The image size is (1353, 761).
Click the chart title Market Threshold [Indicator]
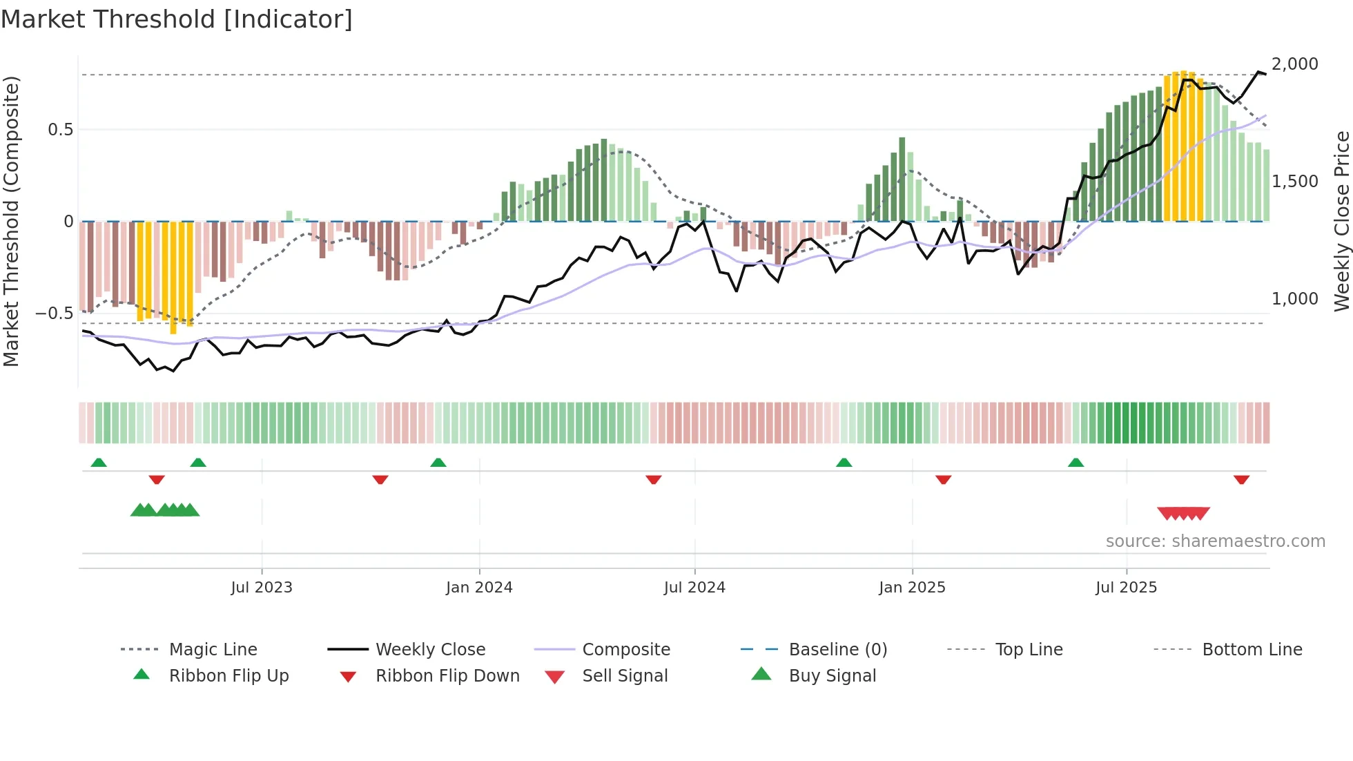pyautogui.click(x=177, y=19)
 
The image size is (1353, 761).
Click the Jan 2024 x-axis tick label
pyautogui.click(x=479, y=588)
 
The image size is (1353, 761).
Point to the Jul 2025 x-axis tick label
pyautogui.click(x=1126, y=588)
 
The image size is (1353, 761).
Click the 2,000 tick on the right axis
pyautogui.click(x=1294, y=64)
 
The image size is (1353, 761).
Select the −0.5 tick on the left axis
pyautogui.click(x=55, y=314)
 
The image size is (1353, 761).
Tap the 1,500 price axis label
pyautogui.click(x=1294, y=182)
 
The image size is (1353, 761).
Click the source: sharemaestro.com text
pyautogui.click(x=1215, y=541)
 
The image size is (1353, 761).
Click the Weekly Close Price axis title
pyautogui.click(x=1341, y=221)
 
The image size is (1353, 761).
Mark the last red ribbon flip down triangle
pyautogui.click(x=1241, y=479)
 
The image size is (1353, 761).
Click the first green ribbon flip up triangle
pyautogui.click(x=99, y=463)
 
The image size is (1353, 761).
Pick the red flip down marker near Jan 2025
pyautogui.click(x=943, y=479)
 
